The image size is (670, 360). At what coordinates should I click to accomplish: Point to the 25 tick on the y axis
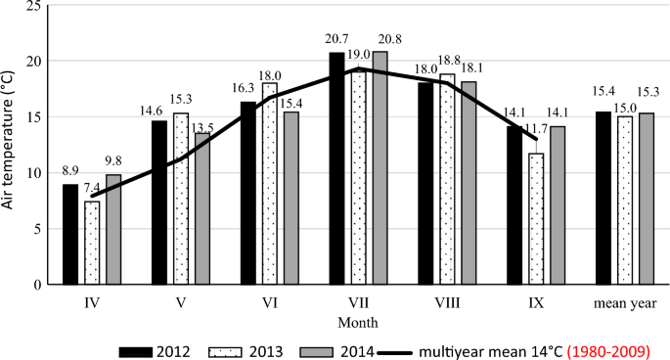click(x=34, y=5)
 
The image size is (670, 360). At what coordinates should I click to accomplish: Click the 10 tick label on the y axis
click(x=34, y=173)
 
